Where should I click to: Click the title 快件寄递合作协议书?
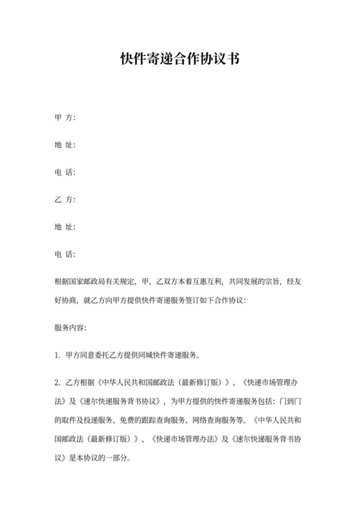tap(180, 59)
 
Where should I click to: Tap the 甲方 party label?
tap(65, 118)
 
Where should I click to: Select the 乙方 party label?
tap(65, 201)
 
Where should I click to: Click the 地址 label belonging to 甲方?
tap(65, 145)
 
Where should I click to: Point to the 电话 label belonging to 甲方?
tap(65, 173)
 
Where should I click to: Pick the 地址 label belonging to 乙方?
tap(65, 228)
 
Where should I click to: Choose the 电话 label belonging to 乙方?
tap(65, 255)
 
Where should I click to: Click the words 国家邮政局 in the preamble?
tap(88, 282)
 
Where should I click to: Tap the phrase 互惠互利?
tap(204, 282)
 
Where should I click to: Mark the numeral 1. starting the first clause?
tap(57, 355)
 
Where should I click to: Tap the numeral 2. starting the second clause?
tap(57, 383)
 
